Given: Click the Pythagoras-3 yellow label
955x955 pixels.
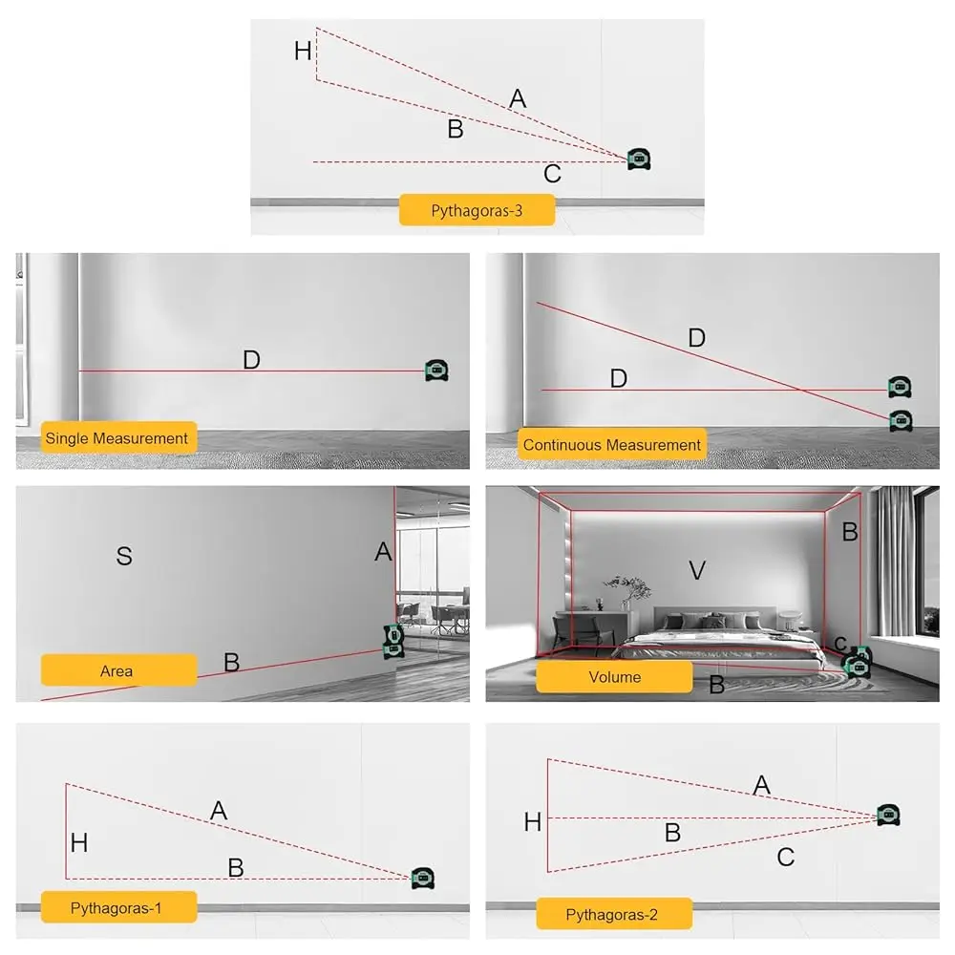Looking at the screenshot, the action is click(477, 210).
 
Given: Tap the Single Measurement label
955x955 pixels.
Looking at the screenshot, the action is click(118, 437).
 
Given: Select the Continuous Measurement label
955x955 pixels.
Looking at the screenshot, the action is click(611, 444).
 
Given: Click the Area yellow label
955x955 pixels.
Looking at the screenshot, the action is click(118, 670).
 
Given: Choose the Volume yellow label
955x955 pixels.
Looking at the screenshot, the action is click(614, 677).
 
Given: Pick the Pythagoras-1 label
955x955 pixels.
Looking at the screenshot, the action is click(118, 907).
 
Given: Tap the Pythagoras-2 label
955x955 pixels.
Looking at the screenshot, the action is click(614, 914).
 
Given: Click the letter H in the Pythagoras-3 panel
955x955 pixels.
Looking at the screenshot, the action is click(303, 51).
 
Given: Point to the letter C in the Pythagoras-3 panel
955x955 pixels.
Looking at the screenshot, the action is click(552, 174).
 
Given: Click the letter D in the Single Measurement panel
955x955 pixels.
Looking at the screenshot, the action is click(251, 360).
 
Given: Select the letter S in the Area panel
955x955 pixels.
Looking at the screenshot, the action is click(124, 556).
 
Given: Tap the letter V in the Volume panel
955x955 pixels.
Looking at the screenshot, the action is click(697, 571).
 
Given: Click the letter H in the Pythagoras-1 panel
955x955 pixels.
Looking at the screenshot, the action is click(79, 843).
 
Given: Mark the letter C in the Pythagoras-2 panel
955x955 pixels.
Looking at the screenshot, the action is click(786, 857).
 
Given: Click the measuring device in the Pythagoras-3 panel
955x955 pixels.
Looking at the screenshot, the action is click(639, 159).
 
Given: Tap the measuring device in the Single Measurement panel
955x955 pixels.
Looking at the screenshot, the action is click(436, 371).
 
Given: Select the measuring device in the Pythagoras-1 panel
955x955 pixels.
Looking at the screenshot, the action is click(423, 878).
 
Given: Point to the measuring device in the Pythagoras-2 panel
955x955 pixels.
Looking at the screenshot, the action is click(888, 815).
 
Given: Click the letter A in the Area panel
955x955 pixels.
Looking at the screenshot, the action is click(383, 552).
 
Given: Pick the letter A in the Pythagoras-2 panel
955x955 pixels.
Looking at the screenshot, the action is click(761, 785).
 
